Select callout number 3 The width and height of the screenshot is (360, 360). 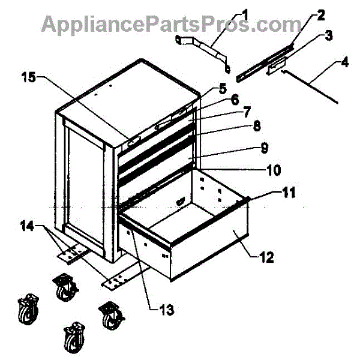coord(329,37)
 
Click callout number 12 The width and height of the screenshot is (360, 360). coord(266,259)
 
